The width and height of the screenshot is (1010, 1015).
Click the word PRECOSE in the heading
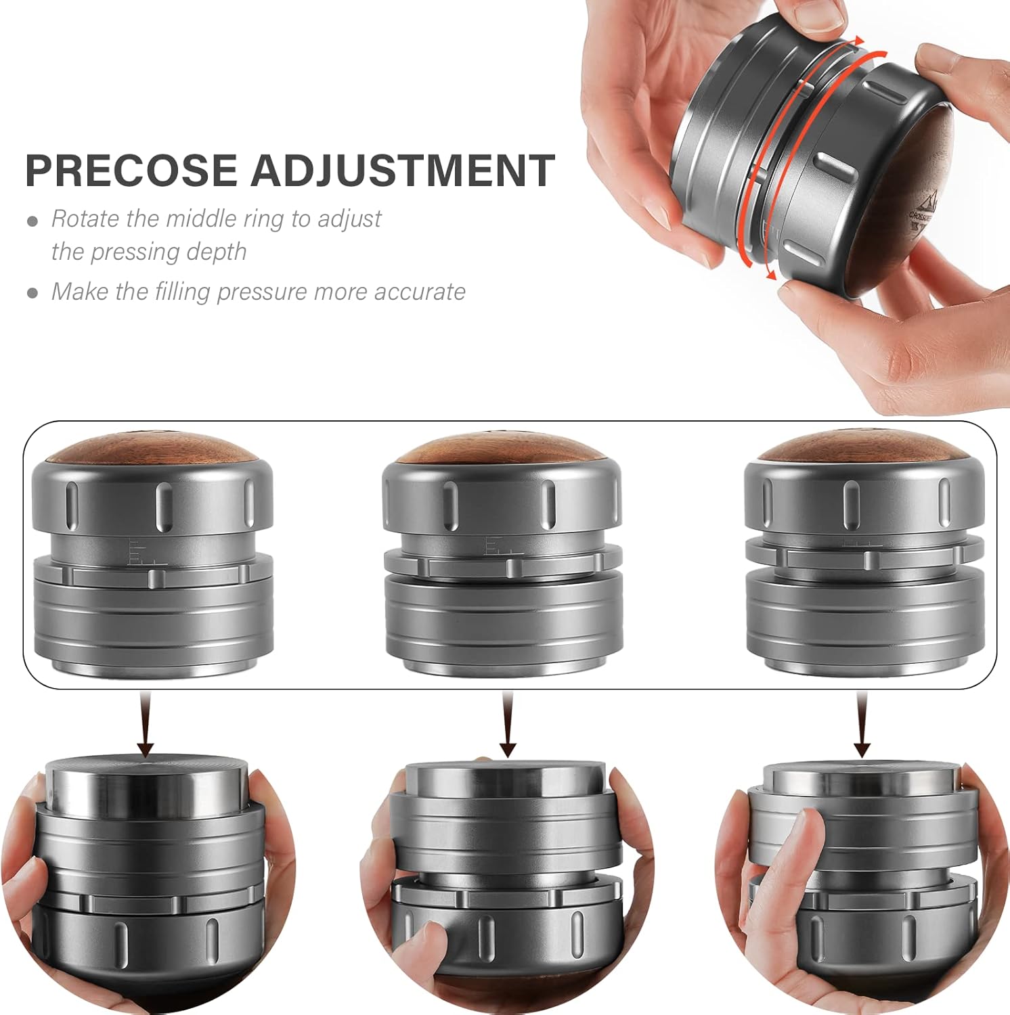coord(133,170)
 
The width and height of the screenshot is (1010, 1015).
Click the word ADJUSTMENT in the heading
coord(403,170)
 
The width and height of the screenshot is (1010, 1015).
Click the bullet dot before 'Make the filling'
coord(32,293)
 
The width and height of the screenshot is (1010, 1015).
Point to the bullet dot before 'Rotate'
coord(32,221)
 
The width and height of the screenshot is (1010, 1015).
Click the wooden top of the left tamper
coord(153,447)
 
